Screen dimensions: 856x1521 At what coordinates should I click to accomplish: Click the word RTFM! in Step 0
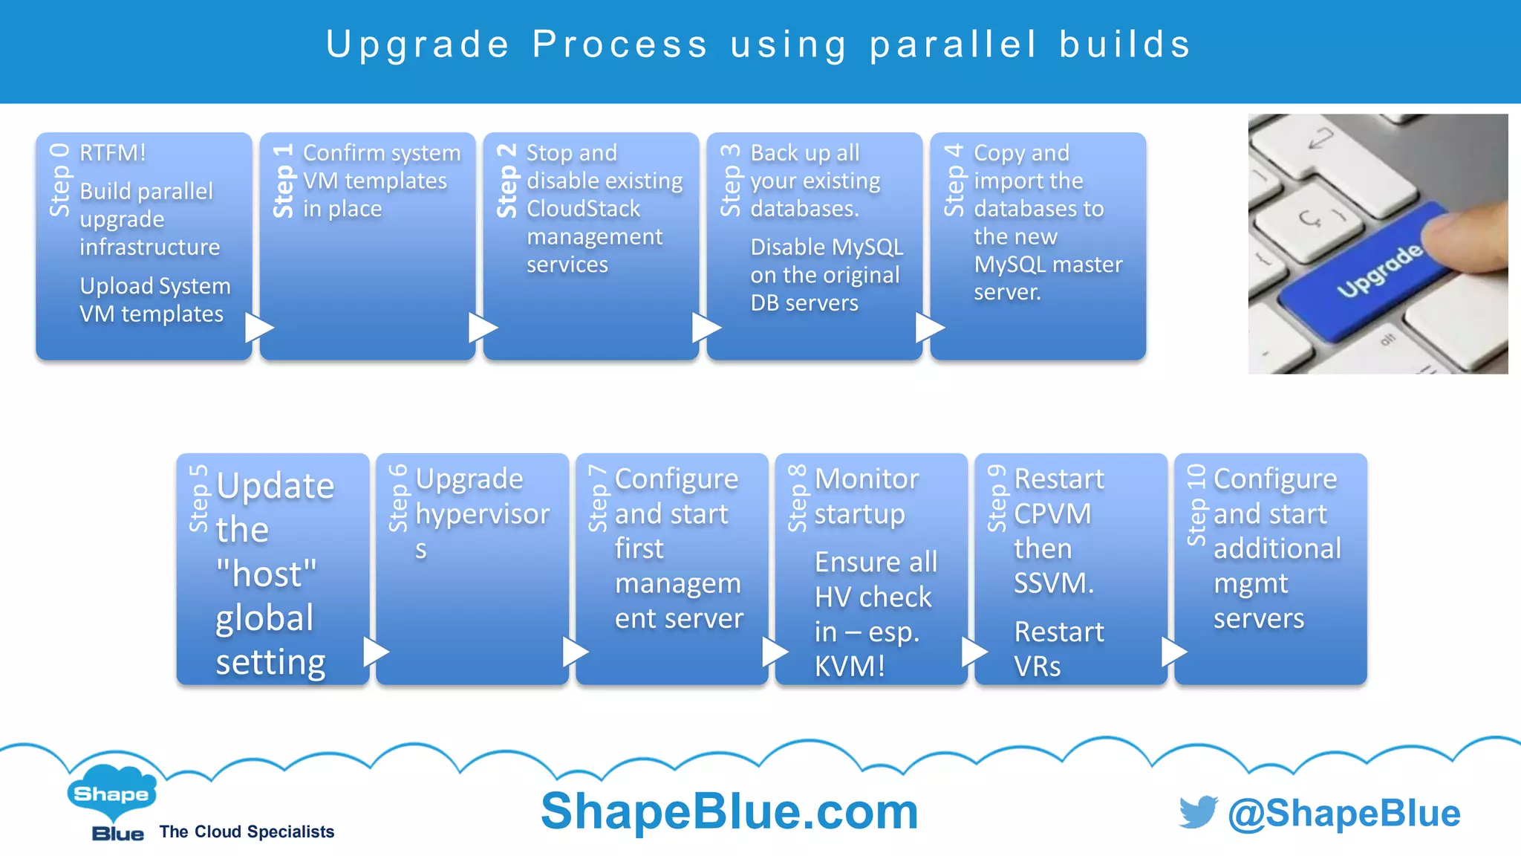coord(113,153)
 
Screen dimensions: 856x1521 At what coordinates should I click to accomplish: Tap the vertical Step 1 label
coord(284,181)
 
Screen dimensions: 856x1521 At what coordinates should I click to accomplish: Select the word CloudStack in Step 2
coord(583,209)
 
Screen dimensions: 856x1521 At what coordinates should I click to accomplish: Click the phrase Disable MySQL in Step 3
coord(826,247)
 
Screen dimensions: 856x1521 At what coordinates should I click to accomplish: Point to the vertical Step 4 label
coord(954,181)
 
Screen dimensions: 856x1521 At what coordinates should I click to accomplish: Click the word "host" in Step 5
coord(267,574)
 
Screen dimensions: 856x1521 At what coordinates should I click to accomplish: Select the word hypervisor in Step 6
coord(482,514)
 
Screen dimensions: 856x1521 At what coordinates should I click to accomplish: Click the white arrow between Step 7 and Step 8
coord(775,652)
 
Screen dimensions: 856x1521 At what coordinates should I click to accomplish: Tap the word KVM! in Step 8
coord(850,667)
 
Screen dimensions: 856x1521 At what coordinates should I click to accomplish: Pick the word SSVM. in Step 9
coord(1053,583)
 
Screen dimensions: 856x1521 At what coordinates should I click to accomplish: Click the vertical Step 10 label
coord(1196,505)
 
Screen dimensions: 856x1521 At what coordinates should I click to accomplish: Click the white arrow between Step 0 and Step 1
coord(258,328)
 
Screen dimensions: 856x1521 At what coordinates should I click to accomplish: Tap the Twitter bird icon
coord(1198,812)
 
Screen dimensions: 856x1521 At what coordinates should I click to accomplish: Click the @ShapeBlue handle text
coord(1344,814)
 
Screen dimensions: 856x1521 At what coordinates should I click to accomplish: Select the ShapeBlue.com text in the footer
coord(729,811)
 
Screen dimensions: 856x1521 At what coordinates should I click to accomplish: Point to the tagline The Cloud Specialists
coord(247,832)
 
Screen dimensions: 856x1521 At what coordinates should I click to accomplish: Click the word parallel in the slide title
coord(953,45)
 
